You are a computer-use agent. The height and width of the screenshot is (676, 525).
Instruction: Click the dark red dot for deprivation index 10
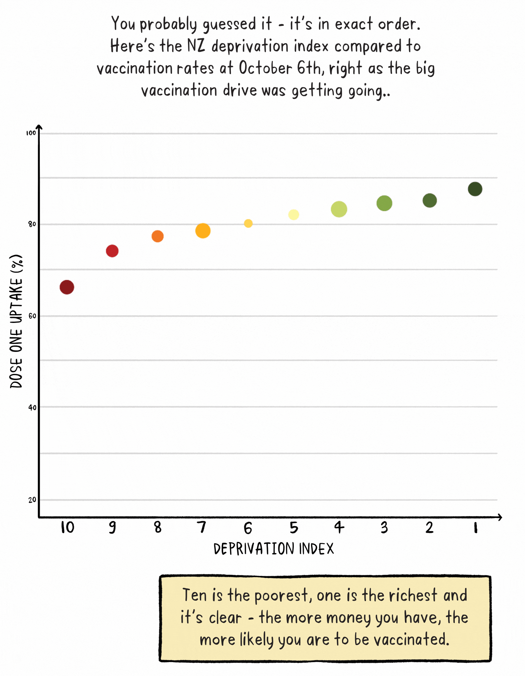[67, 287]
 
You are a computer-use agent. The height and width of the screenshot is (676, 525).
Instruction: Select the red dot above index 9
[112, 251]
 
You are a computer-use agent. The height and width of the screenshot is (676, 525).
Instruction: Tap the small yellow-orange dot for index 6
[248, 223]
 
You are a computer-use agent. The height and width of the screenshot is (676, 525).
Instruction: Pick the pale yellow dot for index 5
[293, 214]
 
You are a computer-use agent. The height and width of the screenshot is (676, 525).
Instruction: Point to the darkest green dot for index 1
[475, 189]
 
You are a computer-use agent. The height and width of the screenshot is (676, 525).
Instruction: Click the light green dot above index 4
[339, 209]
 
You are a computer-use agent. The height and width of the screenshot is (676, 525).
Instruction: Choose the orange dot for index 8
[157, 236]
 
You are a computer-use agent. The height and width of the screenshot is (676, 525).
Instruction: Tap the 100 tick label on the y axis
[31, 133]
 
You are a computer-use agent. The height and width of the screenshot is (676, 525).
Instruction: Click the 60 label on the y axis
[32, 316]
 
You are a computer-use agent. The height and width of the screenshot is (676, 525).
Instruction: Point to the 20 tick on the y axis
[32, 500]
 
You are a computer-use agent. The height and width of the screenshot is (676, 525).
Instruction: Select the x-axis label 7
[202, 527]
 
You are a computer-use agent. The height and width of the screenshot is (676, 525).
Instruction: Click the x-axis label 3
[384, 527]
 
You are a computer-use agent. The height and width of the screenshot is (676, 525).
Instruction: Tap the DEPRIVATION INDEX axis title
[274, 549]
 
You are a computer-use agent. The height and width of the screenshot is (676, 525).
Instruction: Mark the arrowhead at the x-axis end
[500, 517]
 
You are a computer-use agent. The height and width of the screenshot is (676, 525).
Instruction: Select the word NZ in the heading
[196, 46]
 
